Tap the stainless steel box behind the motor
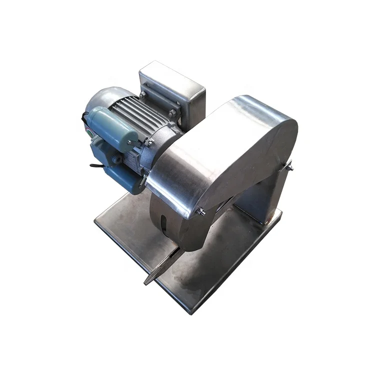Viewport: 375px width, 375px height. pos(172,87)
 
